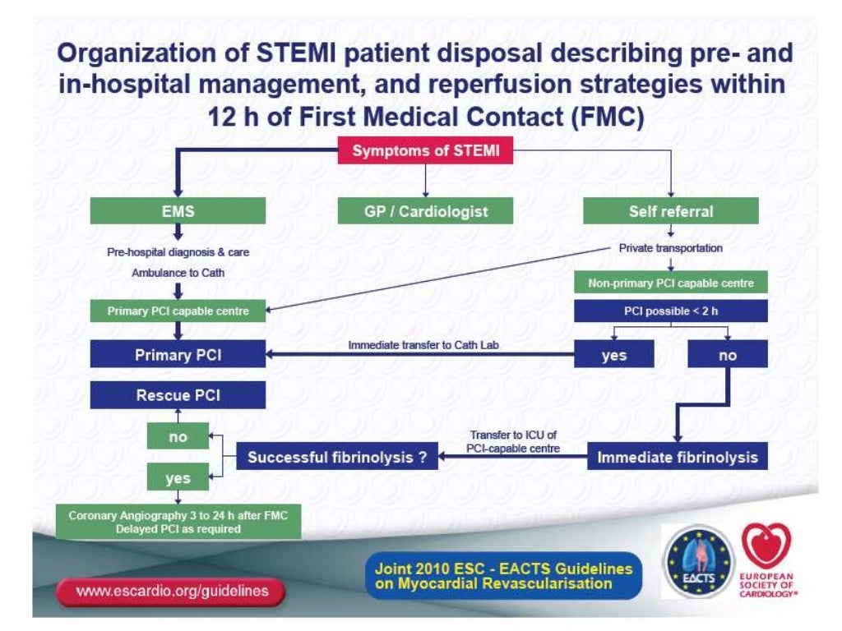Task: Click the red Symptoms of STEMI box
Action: (426, 151)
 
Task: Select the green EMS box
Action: (178, 211)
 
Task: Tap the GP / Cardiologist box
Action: (426, 211)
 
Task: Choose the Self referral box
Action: (671, 211)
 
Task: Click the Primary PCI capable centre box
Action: (178, 311)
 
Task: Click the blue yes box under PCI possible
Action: (614, 355)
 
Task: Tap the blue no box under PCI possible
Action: (728, 355)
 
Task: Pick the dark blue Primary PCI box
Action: (178, 355)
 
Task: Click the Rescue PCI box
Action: (178, 395)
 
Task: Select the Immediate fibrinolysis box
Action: (678, 457)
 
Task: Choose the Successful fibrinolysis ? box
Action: (338, 457)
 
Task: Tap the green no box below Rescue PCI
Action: (178, 436)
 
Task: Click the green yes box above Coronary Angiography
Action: (178, 477)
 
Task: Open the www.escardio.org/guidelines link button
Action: (172, 592)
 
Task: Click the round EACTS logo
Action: (698, 561)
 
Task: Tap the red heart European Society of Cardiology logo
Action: (766, 559)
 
